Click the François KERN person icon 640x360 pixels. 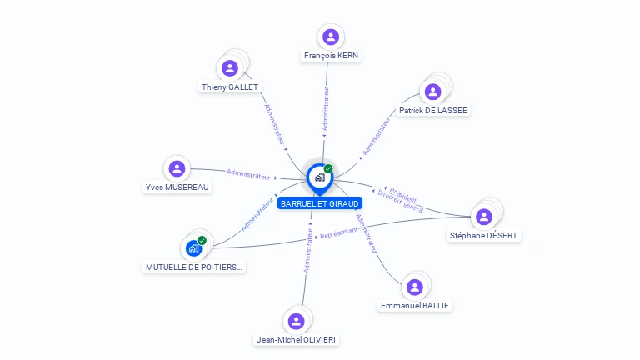tap(331, 37)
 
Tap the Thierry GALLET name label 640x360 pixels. tap(230, 87)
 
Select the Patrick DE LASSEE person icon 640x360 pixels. tap(432, 92)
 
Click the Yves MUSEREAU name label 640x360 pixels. tap(177, 187)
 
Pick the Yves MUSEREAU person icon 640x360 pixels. tap(177, 168)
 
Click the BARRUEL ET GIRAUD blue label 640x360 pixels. tap(320, 203)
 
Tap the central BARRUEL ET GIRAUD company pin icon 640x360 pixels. tap(319, 177)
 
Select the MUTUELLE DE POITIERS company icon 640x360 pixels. tap(194, 247)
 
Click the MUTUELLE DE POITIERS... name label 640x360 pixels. tap(194, 267)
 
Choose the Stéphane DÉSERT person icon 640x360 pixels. tap(484, 217)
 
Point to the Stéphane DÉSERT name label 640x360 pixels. tap(484, 236)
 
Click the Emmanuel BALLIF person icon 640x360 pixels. tap(415, 287)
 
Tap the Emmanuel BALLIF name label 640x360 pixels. tap(415, 306)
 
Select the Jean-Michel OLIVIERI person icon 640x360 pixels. tap(296, 321)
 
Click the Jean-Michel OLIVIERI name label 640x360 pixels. tap(297, 340)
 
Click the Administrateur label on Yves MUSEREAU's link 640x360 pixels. tap(248, 174)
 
